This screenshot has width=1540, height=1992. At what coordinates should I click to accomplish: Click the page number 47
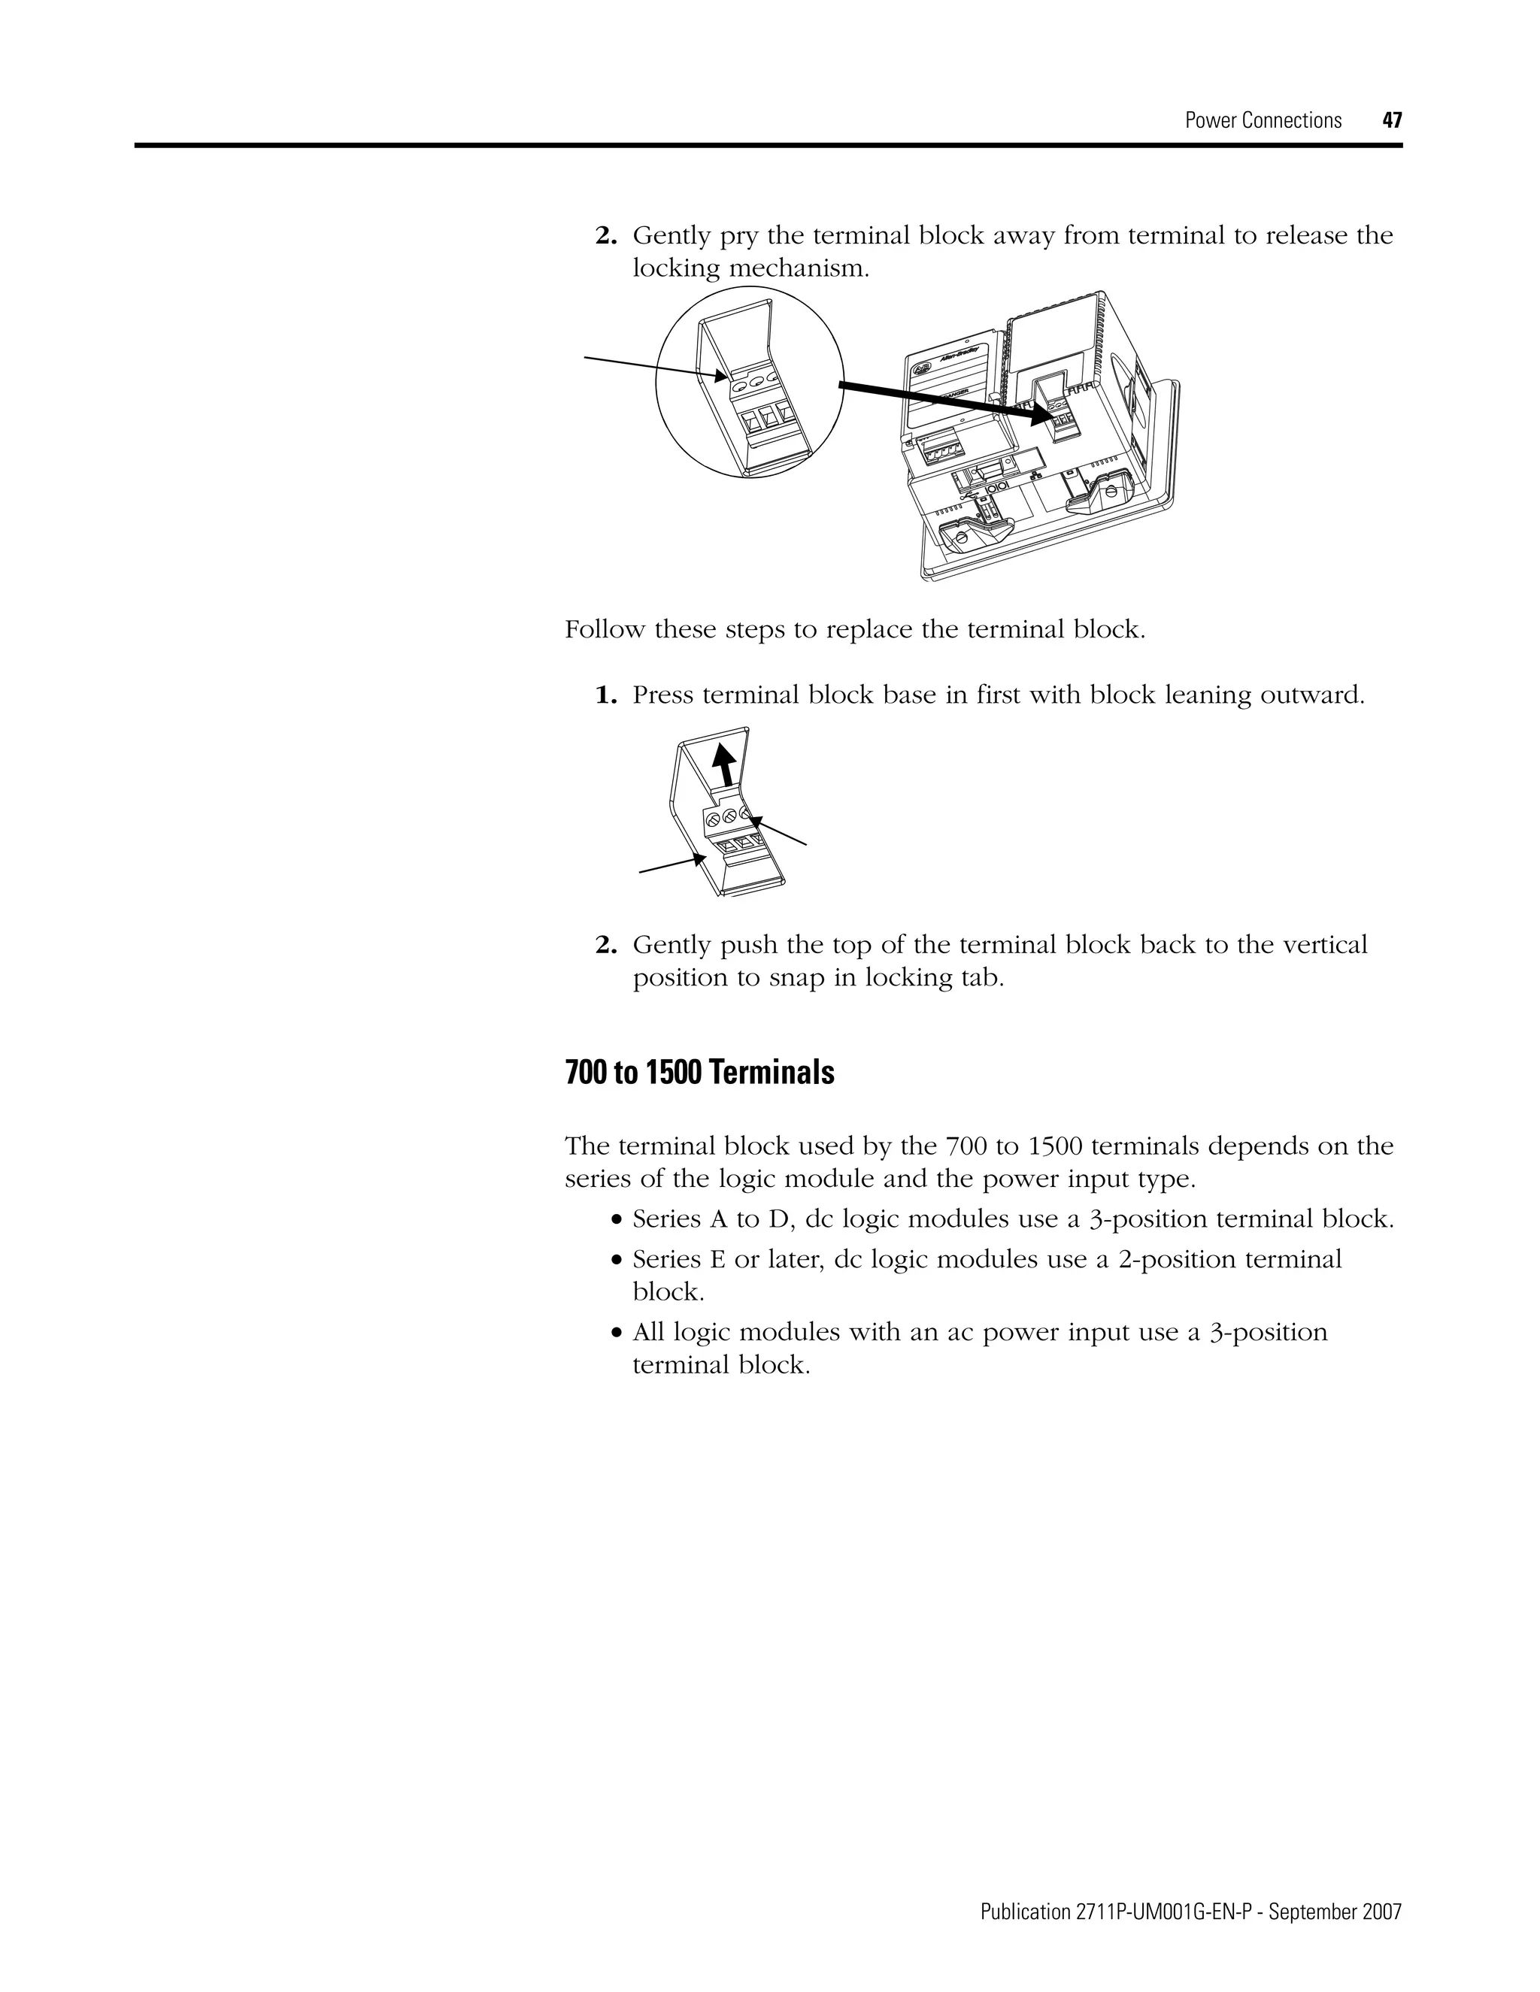pos(1391,120)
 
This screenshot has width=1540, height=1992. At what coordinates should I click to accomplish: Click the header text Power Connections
pos(1263,120)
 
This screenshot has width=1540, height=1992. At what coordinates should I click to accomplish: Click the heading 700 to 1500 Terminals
pos(699,1073)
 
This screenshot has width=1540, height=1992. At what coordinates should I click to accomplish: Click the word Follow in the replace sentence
pos(605,629)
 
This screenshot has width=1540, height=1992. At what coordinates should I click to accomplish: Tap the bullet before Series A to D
pos(617,1220)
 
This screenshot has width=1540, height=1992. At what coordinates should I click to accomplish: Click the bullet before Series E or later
pos(617,1261)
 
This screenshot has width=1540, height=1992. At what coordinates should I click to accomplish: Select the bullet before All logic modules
pos(617,1334)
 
